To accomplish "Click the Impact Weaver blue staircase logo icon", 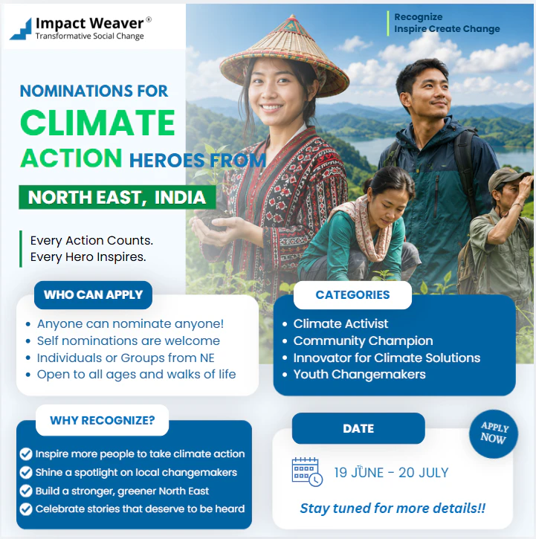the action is click(x=22, y=29).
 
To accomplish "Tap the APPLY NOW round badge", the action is click(x=494, y=433).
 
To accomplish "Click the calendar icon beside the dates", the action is click(x=307, y=471).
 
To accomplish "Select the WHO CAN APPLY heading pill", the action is click(x=93, y=294).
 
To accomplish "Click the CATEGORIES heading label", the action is click(x=353, y=294).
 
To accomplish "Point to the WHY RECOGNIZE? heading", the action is click(x=103, y=420).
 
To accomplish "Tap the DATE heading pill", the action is click(x=358, y=428).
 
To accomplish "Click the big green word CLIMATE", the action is click(x=97, y=123).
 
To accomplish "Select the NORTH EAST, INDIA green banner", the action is click(x=117, y=197).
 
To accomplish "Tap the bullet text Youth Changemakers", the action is click(x=359, y=375).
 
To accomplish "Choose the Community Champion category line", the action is click(x=363, y=340).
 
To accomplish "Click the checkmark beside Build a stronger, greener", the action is click(x=26, y=491).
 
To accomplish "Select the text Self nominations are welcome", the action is click(x=129, y=340).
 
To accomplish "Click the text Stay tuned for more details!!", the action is click(x=393, y=509).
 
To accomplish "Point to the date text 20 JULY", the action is click(x=424, y=473).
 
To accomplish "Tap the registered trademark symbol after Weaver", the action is click(x=149, y=19).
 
